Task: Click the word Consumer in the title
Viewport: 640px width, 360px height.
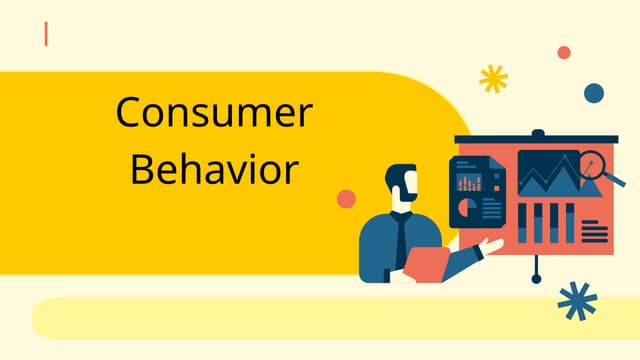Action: pos(214,112)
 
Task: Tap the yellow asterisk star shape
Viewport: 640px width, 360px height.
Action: pos(493,78)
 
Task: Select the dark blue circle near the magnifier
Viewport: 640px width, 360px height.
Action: pos(594,93)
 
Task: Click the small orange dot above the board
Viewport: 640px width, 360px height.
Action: pos(564,52)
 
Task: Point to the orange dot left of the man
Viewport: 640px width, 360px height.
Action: pos(346,198)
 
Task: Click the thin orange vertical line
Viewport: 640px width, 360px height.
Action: pos(46,34)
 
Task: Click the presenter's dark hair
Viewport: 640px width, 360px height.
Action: pos(401,172)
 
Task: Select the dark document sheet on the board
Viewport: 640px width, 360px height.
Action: pos(478,192)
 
